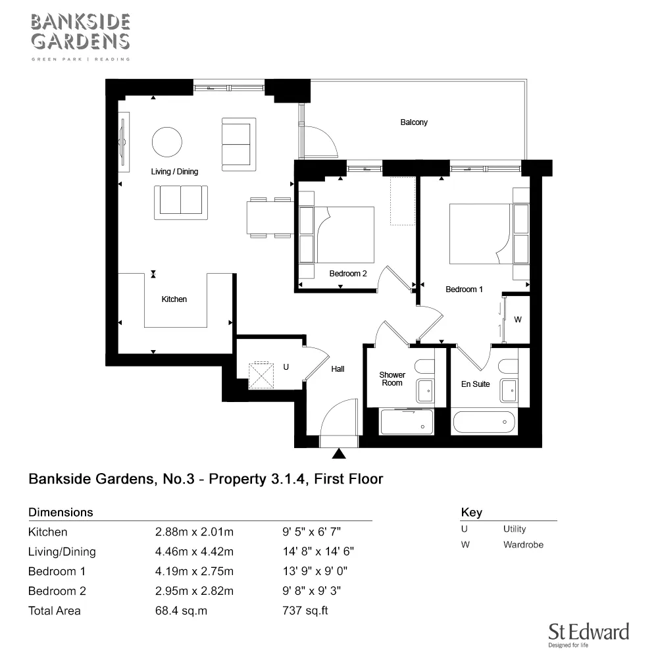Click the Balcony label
click(x=414, y=122)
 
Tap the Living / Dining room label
click(x=174, y=172)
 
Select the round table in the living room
click(x=167, y=141)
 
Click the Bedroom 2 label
click(x=348, y=274)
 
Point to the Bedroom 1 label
click(x=464, y=290)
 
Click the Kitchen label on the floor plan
click(x=174, y=299)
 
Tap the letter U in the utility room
click(x=286, y=368)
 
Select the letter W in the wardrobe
click(x=517, y=320)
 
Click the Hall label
click(x=338, y=370)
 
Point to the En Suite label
click(x=474, y=384)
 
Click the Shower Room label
click(x=392, y=379)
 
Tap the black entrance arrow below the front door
click(x=340, y=453)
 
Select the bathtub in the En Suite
click(x=484, y=421)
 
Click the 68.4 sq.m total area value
click(x=181, y=611)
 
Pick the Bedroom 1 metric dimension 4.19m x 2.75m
click(x=194, y=571)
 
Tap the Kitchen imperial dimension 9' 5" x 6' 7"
click(x=311, y=532)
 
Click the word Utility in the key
click(x=515, y=529)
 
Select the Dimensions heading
click(x=61, y=512)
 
